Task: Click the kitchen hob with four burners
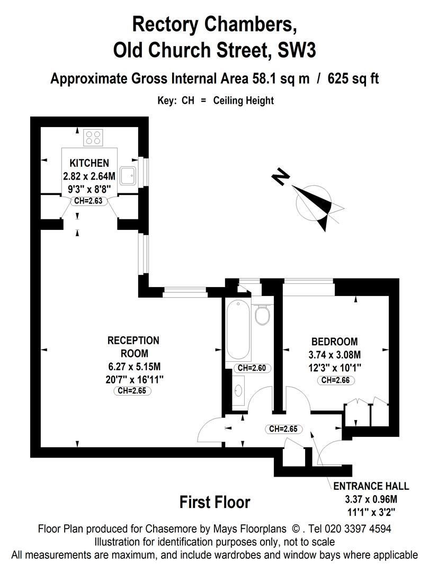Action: click(x=94, y=138)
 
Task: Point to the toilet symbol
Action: click(x=262, y=316)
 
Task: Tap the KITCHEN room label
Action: click(x=89, y=163)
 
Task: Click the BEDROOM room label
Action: click(x=334, y=342)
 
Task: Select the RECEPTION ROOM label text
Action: click(x=133, y=346)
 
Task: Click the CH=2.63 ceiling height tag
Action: click(x=88, y=201)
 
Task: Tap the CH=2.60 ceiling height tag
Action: click(x=251, y=368)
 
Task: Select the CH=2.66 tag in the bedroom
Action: click(x=335, y=380)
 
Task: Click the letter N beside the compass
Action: click(x=281, y=176)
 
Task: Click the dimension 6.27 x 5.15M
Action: click(x=133, y=366)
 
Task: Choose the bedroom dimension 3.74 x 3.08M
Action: click(x=335, y=354)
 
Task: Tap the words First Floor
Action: click(x=215, y=502)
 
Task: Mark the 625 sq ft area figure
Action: click(x=353, y=79)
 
